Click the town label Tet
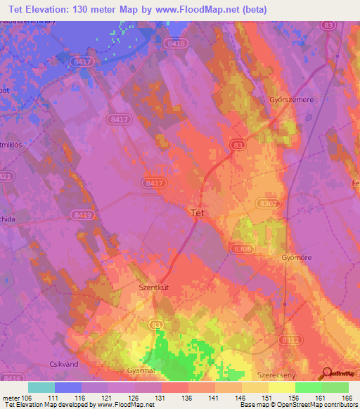[198, 211]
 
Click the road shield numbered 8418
[176, 44]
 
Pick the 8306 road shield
[241, 247]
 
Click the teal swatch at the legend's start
[41, 387]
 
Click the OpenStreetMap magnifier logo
[327, 372]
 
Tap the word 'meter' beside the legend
[10, 397]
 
